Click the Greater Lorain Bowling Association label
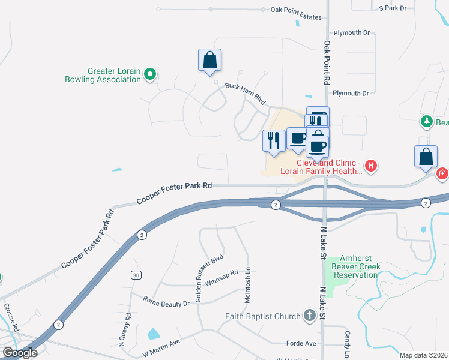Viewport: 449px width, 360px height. (106, 75)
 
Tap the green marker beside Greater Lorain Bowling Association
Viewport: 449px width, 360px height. (151, 75)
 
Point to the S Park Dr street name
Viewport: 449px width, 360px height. (393, 8)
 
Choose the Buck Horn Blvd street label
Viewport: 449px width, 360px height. (245, 94)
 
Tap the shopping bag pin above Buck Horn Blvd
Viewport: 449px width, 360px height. (209, 61)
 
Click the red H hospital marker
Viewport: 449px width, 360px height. (372, 165)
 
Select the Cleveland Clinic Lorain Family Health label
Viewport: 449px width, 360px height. (329, 167)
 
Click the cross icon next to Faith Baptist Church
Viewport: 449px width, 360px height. (310, 316)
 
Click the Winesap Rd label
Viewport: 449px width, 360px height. (221, 275)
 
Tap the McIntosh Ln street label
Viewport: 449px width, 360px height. (247, 284)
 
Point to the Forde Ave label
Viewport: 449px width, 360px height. (301, 343)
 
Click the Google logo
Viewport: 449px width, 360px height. (20, 353)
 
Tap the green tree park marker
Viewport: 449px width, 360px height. (427, 122)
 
